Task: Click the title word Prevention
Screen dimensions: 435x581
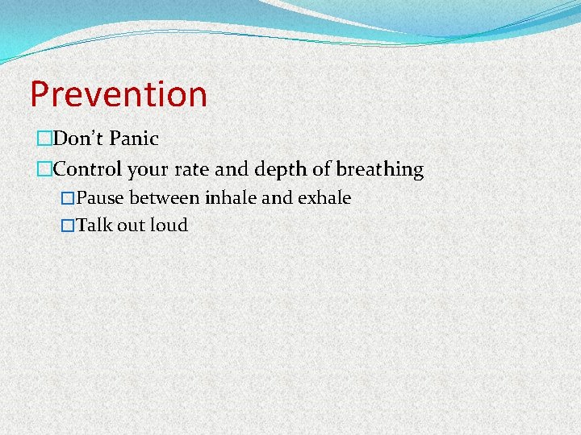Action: click(119, 94)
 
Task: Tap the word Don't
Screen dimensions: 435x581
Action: click(78, 139)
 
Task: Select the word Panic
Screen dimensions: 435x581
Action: click(134, 139)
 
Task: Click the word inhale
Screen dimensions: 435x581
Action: click(230, 198)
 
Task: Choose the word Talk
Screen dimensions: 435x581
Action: click(94, 226)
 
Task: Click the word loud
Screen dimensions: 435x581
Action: click(169, 226)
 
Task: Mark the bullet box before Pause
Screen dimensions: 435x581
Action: click(68, 198)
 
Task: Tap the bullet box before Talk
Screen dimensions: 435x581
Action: click(68, 226)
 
